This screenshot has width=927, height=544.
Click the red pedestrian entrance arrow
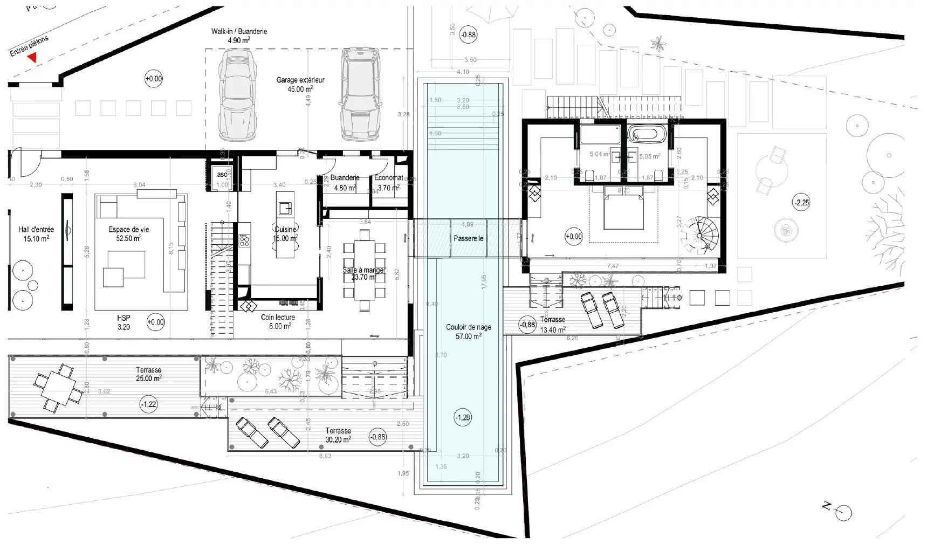tap(33, 58)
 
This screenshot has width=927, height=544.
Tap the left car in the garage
tap(236, 95)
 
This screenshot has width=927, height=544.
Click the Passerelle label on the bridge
tap(468, 238)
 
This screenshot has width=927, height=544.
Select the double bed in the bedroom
tap(623, 208)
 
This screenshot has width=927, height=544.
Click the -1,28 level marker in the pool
tap(463, 417)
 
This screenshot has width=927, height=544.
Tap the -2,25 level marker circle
tap(801, 203)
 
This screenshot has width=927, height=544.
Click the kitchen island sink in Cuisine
tap(285, 208)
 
